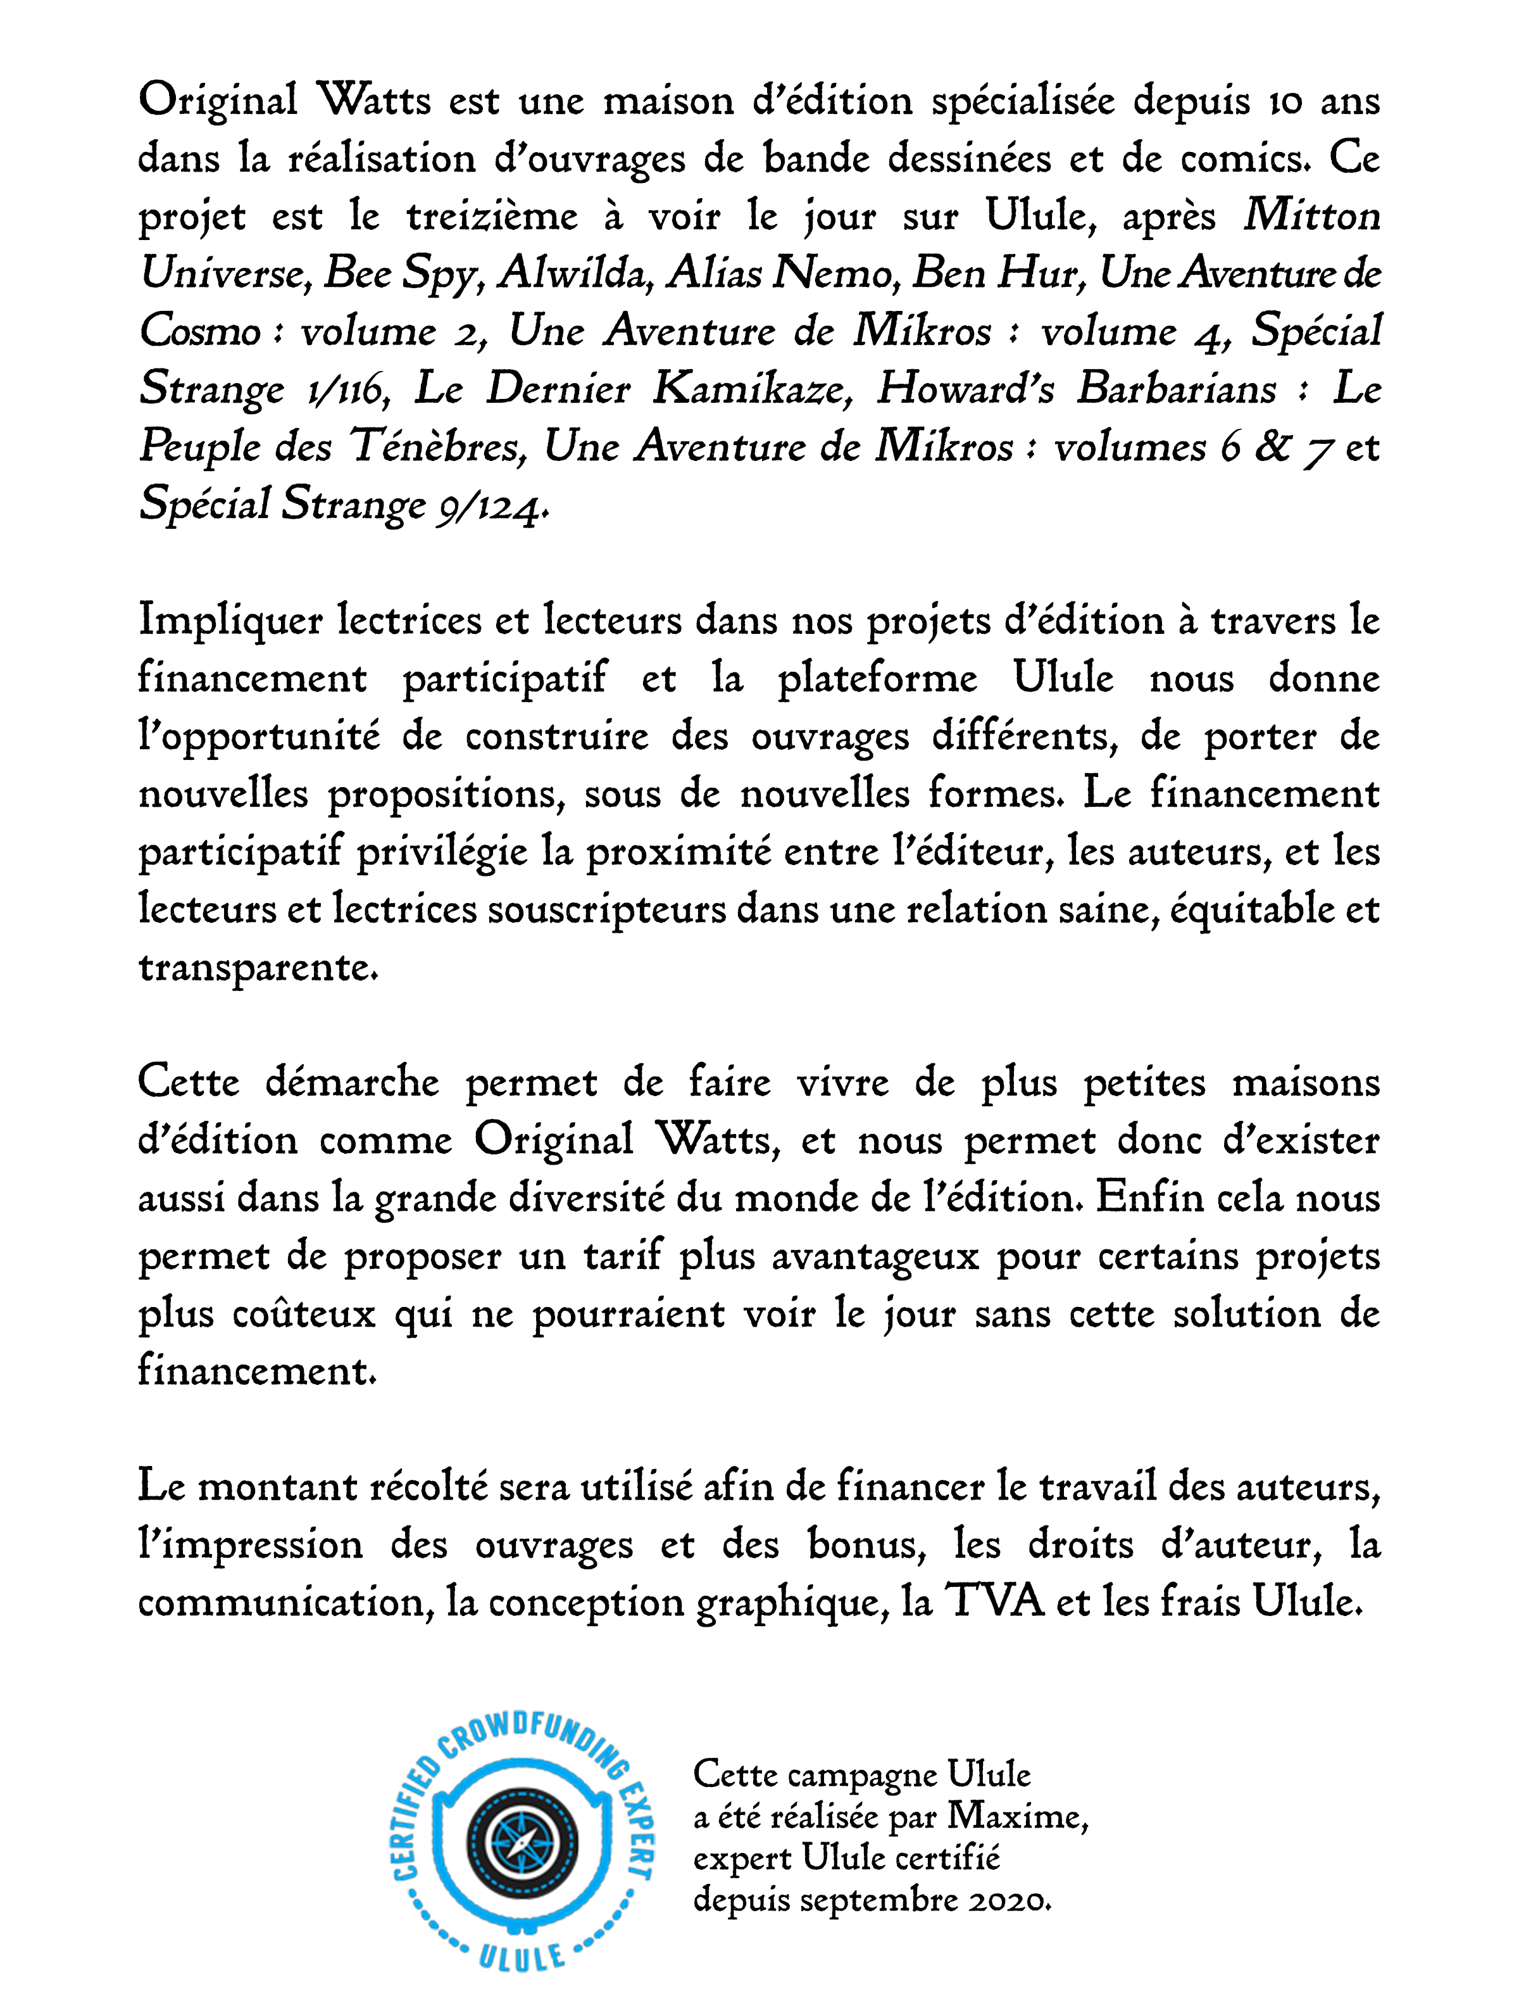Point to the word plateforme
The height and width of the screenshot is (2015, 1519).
877,679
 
